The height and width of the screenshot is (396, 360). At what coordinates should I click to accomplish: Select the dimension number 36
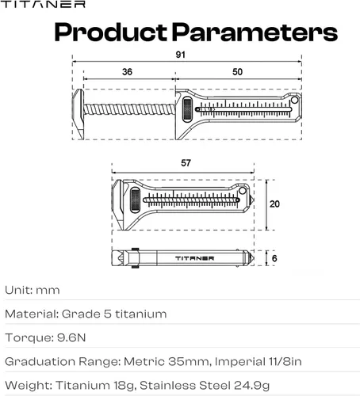(126, 71)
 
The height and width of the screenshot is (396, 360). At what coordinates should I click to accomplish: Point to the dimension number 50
(238, 71)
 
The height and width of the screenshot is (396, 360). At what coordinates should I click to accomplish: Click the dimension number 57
(185, 162)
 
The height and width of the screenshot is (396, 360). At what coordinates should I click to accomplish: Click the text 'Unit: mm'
(32, 291)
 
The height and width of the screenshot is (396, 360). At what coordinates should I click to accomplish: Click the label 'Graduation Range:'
(62, 361)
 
